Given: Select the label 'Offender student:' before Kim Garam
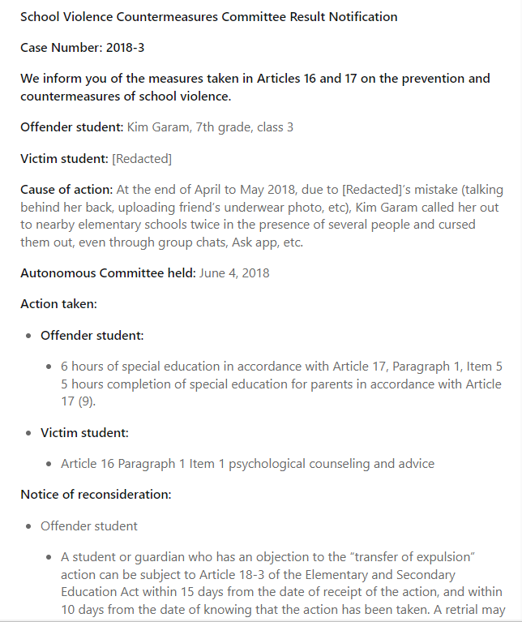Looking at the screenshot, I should pyautogui.click(x=71, y=127).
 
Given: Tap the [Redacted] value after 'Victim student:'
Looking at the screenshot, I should pyautogui.click(x=142, y=158).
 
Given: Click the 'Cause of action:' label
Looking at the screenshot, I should pyautogui.click(x=66, y=190).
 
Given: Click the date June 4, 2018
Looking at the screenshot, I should pyautogui.click(x=235, y=272).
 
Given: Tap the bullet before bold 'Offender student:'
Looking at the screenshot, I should pyautogui.click(x=30, y=336).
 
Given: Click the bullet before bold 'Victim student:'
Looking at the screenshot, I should pyautogui.click(x=30, y=433).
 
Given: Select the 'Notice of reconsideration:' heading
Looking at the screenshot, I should pyautogui.click(x=96, y=494).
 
